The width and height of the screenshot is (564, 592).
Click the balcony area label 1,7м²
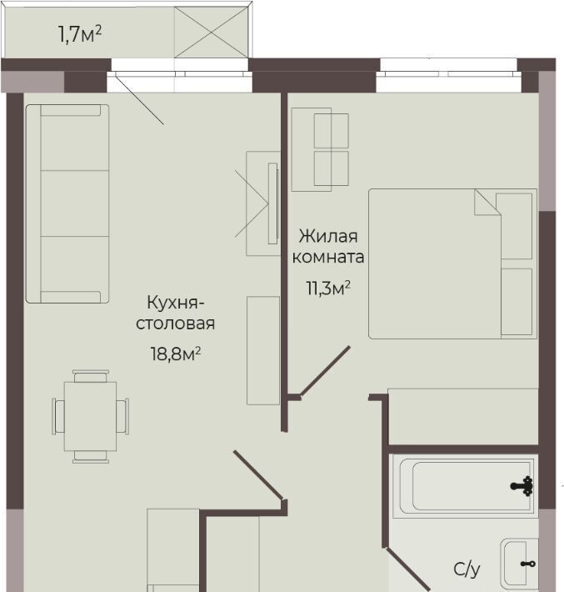(x=80, y=34)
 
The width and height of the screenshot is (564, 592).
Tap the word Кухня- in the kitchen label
(x=176, y=303)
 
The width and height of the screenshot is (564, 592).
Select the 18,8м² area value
(x=176, y=354)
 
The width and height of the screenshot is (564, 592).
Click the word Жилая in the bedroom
(x=328, y=236)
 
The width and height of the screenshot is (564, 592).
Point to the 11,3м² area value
(x=328, y=288)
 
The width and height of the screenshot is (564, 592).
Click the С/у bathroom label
(x=467, y=569)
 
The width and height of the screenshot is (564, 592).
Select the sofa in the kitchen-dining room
(x=67, y=204)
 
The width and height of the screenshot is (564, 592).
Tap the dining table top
(x=90, y=416)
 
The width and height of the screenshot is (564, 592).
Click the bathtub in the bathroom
(x=464, y=486)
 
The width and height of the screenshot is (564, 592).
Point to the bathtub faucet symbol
(x=522, y=486)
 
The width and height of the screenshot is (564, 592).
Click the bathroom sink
(x=519, y=564)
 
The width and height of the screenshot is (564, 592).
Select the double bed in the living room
(x=452, y=263)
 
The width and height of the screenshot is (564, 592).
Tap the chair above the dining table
(x=91, y=376)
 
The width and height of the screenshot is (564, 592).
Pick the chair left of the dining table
(x=58, y=416)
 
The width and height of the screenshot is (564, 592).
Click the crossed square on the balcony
(x=211, y=33)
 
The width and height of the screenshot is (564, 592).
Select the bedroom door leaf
(x=325, y=371)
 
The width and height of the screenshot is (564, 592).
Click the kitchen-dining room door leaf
(x=258, y=474)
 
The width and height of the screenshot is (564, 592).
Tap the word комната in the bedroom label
(x=328, y=257)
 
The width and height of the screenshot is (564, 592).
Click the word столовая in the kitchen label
(x=176, y=324)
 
